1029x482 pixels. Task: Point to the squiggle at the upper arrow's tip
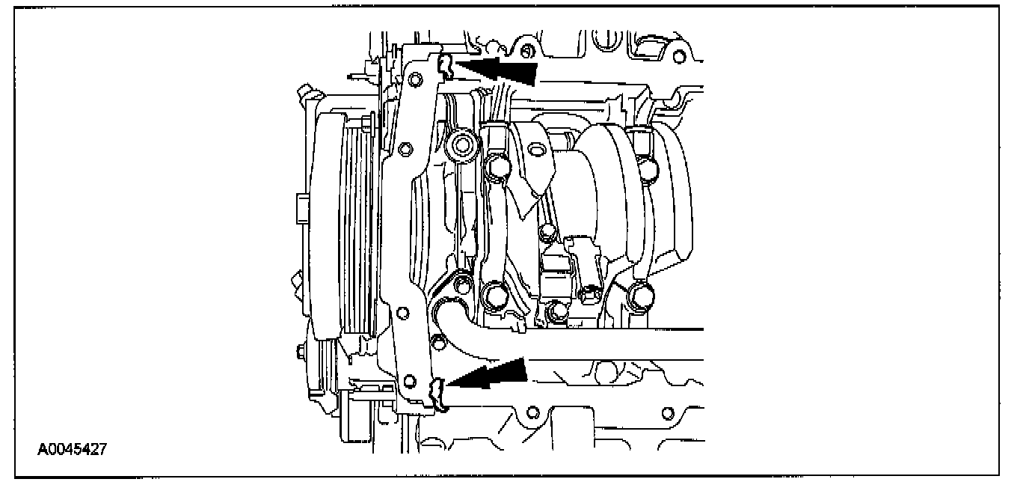[445, 66]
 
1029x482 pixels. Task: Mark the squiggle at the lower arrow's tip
[437, 392]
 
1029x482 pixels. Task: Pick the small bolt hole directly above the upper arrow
[526, 51]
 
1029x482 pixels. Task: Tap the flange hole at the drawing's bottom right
[668, 412]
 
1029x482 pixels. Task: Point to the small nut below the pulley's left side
[300, 350]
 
